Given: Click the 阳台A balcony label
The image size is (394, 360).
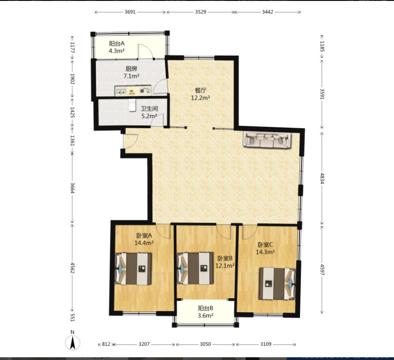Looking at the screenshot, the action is click(x=116, y=44).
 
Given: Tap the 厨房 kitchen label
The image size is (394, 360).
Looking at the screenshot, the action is click(x=131, y=69).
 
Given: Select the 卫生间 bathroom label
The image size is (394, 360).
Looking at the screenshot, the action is click(x=149, y=109).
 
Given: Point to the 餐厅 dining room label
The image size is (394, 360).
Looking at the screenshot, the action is click(x=200, y=91).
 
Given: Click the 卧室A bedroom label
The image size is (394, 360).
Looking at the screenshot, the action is click(x=144, y=236).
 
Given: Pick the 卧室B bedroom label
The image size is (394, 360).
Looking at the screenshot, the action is click(x=225, y=258).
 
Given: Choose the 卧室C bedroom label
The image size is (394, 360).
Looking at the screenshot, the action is click(x=265, y=245).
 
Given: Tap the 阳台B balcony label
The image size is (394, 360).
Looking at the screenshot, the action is click(x=205, y=308).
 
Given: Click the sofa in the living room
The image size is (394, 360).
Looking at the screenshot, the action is click(x=267, y=140).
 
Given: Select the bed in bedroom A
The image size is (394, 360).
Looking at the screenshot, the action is click(x=133, y=269).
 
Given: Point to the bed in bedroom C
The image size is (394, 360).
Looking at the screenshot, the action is click(x=278, y=284).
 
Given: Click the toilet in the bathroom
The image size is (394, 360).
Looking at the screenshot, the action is click(x=132, y=105).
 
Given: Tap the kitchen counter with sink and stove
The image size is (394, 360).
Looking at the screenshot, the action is click(x=133, y=91).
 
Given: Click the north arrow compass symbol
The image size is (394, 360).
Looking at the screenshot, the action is click(x=73, y=341).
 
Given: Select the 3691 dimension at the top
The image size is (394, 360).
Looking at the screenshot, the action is click(x=130, y=12).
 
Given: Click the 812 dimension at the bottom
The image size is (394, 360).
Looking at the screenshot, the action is click(x=106, y=344).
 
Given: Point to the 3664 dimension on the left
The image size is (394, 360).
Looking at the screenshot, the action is click(x=73, y=188).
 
